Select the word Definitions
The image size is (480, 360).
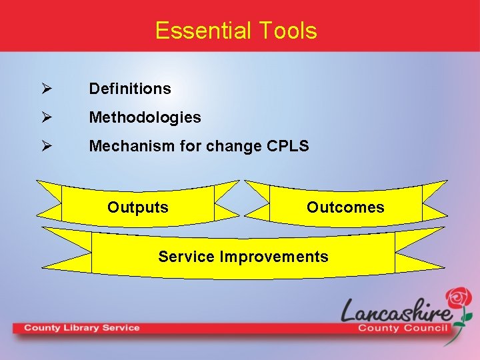pos(130,89)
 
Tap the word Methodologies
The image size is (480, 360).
pos(145,117)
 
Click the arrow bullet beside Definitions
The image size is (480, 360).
pos(45,89)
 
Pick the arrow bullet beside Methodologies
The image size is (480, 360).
pos(45,117)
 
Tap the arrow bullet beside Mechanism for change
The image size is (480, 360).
pos(45,146)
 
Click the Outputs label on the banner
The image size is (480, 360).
pos(138,207)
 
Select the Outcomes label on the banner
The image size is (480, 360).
pos(345,207)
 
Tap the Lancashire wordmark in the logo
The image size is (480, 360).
pos(397,311)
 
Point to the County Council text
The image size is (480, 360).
pos(402,328)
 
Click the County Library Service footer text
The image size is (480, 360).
pos(82,328)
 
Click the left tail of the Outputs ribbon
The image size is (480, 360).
pos(49,199)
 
